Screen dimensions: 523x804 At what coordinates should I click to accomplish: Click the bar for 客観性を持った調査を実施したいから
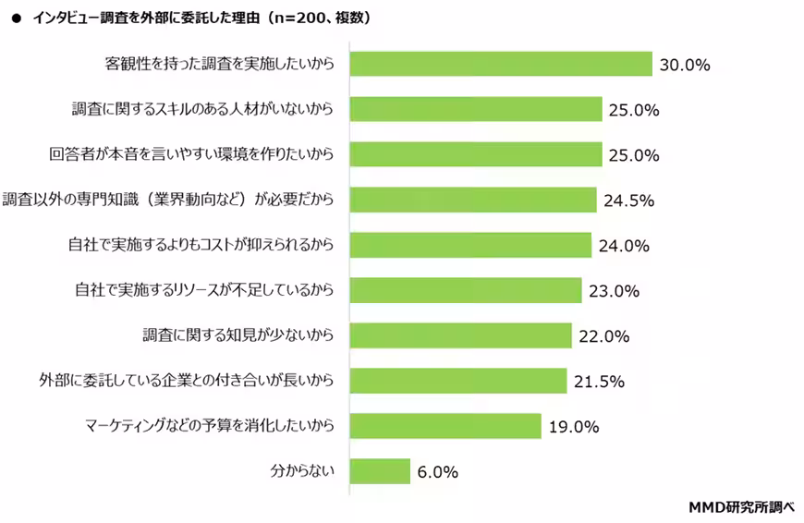point(502,64)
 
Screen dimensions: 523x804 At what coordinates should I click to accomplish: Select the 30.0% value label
point(684,65)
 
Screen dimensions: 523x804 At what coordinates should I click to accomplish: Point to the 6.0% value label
point(437,472)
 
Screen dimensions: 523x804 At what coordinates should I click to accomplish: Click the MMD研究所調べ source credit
point(742,506)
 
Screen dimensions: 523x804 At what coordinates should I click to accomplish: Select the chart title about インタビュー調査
point(201,17)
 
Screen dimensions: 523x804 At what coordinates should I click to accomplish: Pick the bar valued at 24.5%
point(473,200)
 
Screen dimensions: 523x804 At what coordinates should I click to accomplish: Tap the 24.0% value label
point(622,246)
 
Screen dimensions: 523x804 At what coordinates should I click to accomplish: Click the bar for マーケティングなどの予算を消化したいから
point(445,426)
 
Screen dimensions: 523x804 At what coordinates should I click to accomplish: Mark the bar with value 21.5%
point(458,381)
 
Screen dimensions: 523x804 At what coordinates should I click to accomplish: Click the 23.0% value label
point(612,291)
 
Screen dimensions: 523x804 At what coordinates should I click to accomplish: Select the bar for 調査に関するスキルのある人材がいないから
point(476,109)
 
